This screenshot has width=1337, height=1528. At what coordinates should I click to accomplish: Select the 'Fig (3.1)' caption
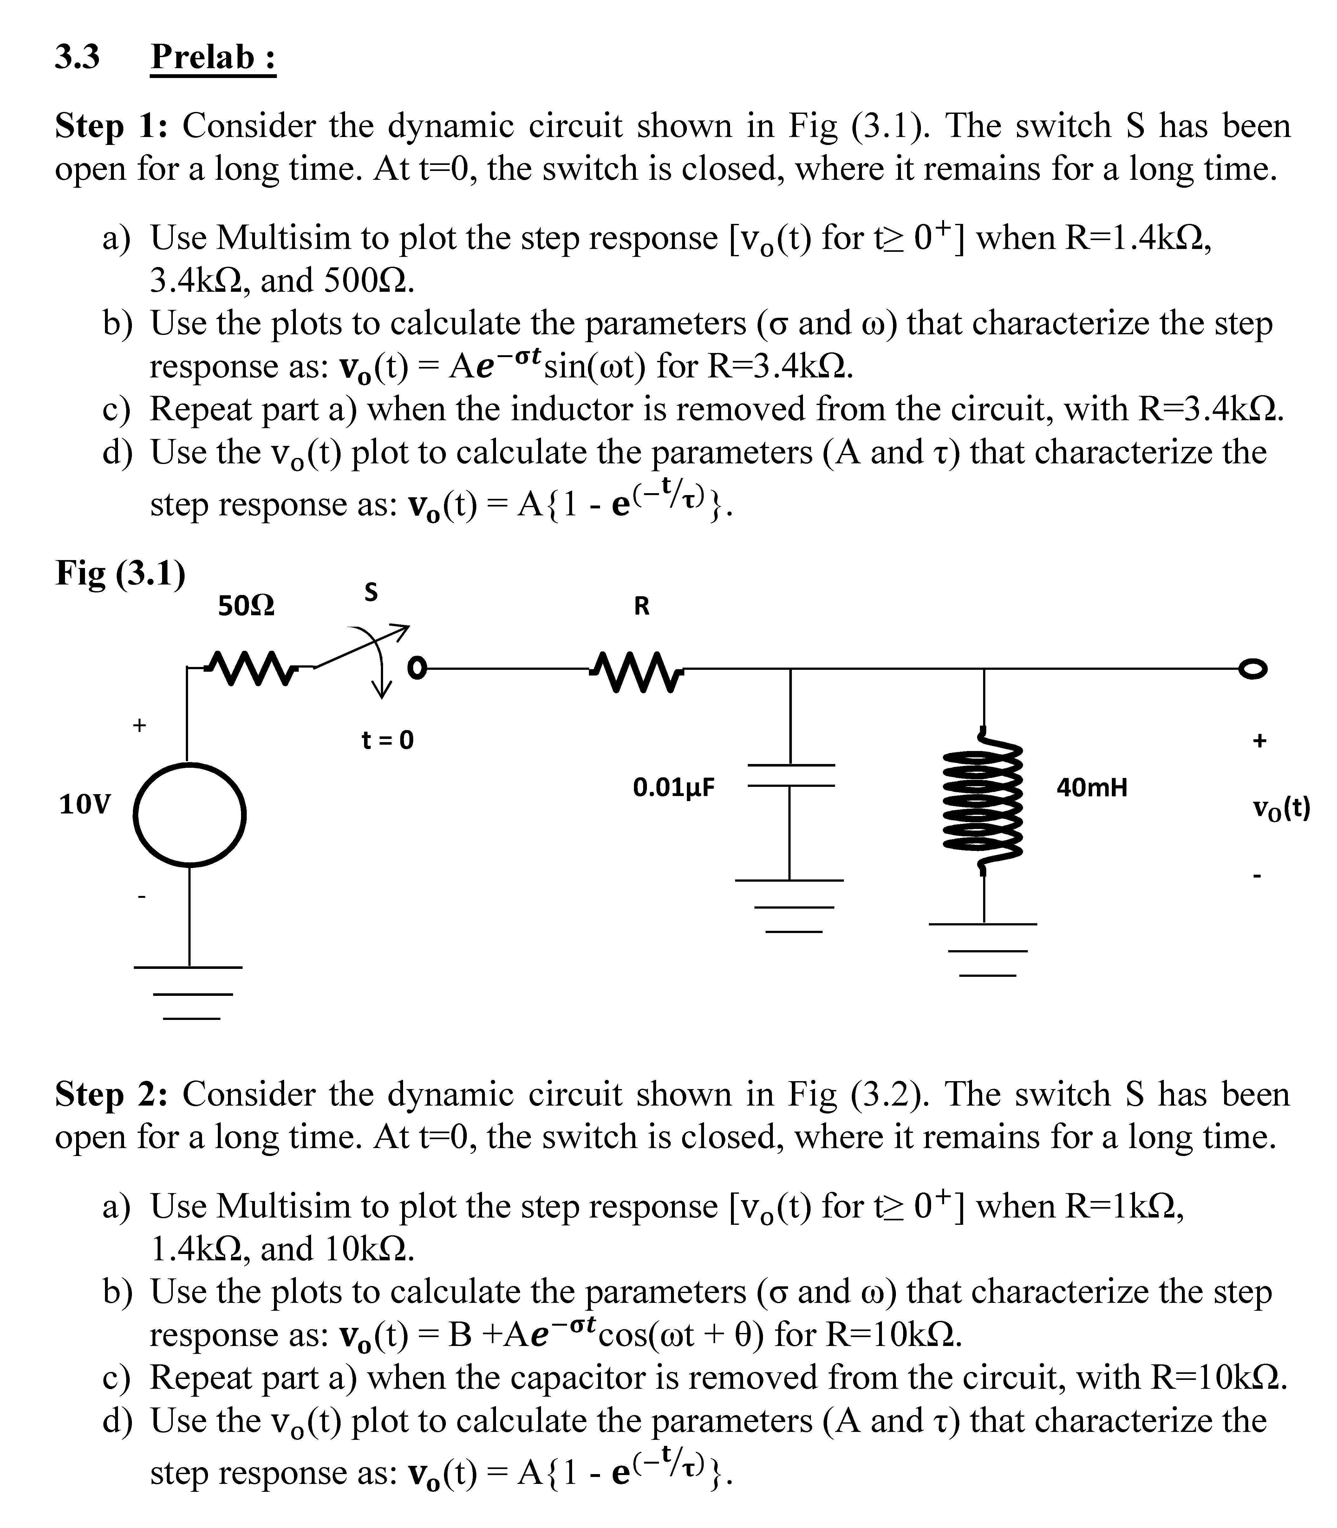(x=120, y=573)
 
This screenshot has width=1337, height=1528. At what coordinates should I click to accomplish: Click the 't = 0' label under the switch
(x=387, y=740)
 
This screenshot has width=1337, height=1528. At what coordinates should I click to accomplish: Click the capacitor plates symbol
(x=791, y=776)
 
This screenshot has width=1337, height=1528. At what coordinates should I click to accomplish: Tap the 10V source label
(x=84, y=805)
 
